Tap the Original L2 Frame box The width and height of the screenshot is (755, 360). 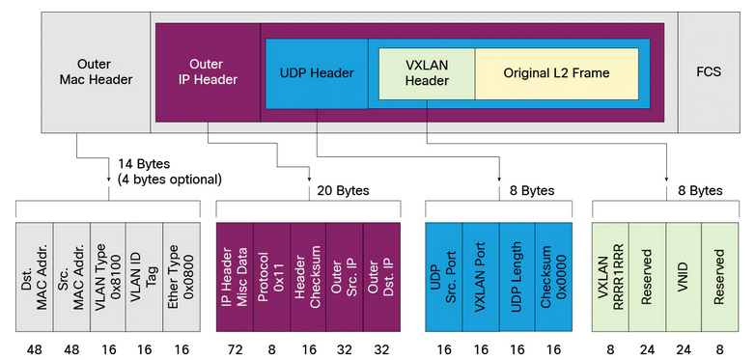click(557, 73)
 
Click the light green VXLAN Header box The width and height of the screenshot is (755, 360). click(426, 73)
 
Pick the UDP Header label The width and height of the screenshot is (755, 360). click(315, 73)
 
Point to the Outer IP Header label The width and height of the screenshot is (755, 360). click(208, 72)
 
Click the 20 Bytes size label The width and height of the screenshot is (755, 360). click(342, 190)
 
